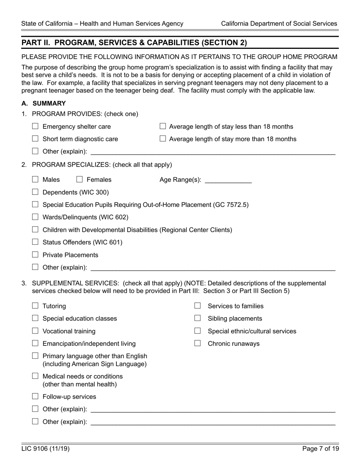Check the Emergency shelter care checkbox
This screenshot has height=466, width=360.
point(35,127)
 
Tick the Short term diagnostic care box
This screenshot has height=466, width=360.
point(35,139)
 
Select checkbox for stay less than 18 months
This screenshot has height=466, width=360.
point(163,127)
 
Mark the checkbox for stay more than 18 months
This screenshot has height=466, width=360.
point(163,139)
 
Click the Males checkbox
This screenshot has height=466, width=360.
point(35,180)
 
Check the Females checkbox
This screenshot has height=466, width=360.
point(80,180)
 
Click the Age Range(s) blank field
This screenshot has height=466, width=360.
point(228,180)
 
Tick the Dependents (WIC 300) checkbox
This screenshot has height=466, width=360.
point(35,192)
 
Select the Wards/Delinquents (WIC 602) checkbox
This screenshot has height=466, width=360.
point(35,217)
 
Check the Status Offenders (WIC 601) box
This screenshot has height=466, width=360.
point(35,242)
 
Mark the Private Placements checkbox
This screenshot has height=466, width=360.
point(35,255)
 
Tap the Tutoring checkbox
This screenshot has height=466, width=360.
point(35,306)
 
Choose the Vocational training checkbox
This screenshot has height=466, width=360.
point(35,331)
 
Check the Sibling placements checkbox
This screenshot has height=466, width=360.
point(197,318)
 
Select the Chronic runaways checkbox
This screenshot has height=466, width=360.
point(197,343)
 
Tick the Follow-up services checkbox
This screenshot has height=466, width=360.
point(35,396)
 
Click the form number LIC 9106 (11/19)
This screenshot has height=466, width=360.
point(45,449)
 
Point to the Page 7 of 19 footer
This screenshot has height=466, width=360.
point(320,449)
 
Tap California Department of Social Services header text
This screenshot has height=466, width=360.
point(279,23)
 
